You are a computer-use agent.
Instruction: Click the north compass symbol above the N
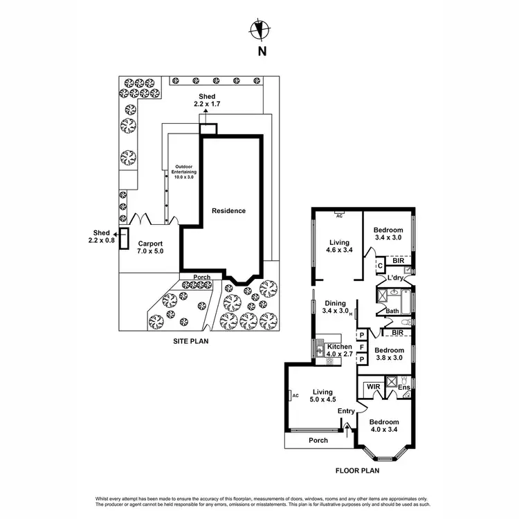click(x=260, y=30)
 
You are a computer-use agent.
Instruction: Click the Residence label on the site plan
click(x=228, y=210)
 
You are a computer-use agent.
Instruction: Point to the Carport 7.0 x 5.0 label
click(x=150, y=248)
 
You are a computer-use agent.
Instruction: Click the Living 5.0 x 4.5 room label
click(x=322, y=394)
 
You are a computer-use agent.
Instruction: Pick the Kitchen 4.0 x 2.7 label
click(x=340, y=350)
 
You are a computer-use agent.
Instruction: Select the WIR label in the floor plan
click(x=373, y=386)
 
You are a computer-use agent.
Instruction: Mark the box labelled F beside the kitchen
click(x=361, y=347)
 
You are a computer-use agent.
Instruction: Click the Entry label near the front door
click(x=346, y=411)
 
